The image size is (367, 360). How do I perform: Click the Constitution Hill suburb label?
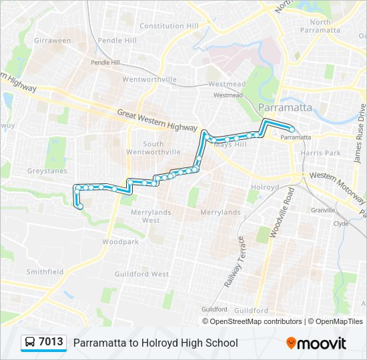tap(169, 26)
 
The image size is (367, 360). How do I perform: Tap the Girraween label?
tap(52, 41)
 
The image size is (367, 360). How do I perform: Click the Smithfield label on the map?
tap(45, 271)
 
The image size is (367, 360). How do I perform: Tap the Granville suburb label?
tap(322, 209)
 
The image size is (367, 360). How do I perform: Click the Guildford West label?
tap(151, 274)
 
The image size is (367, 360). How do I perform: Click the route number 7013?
tap(51, 342)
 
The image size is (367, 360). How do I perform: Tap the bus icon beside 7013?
tap(30, 343)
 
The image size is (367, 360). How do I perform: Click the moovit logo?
tap(316, 343)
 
